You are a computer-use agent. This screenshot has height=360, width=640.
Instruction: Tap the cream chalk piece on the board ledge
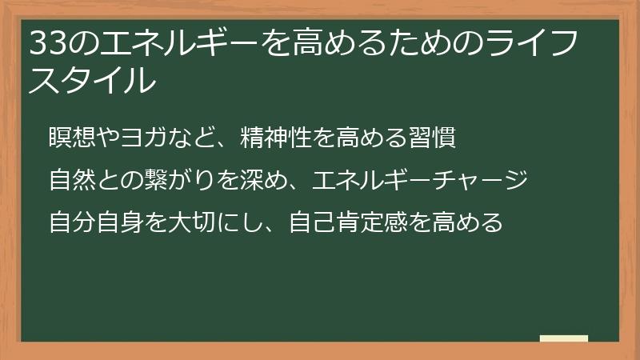(564, 339)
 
